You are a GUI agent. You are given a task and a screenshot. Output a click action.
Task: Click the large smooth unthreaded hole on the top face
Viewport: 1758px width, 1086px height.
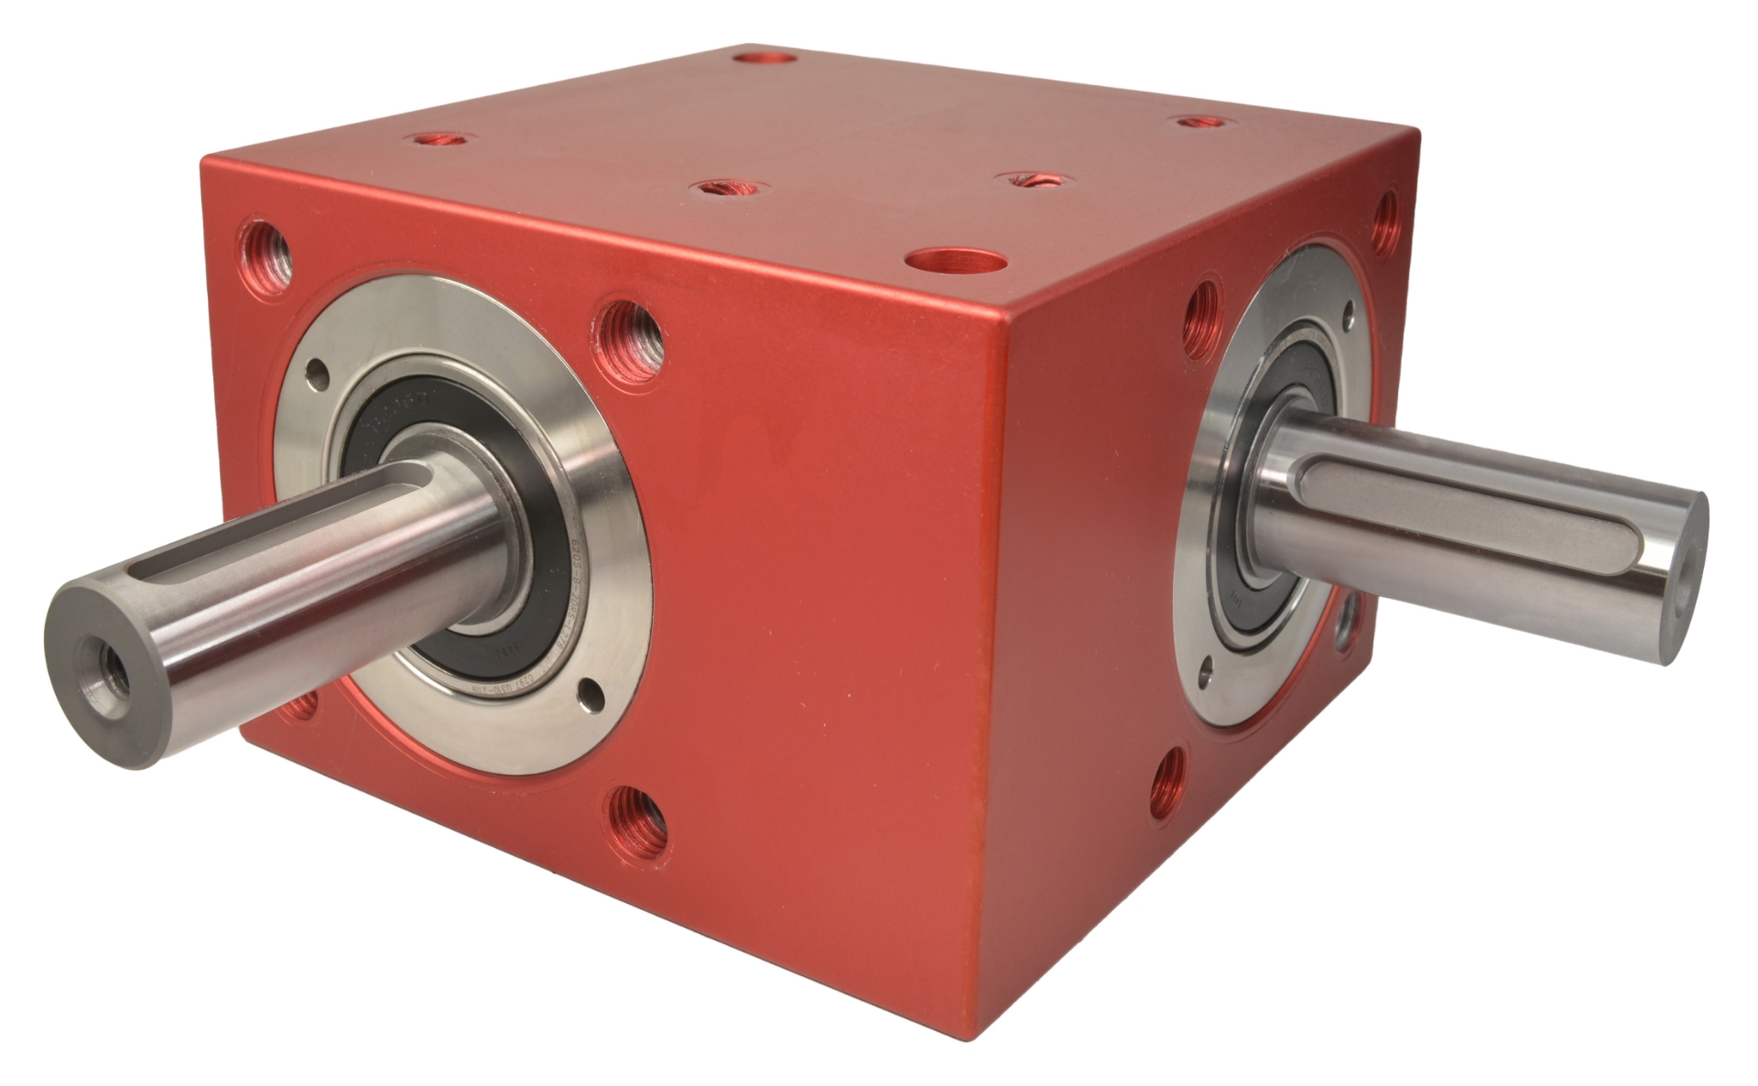(x=954, y=261)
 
